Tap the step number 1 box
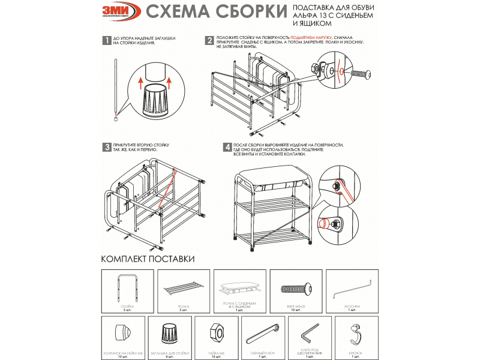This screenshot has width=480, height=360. [105, 41]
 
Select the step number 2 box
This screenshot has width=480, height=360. [209, 41]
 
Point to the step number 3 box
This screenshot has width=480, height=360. [105, 147]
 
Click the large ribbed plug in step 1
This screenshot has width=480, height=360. [155, 100]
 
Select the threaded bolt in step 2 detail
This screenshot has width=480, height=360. [358, 74]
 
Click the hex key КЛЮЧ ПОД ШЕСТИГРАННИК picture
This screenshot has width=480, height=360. [310, 332]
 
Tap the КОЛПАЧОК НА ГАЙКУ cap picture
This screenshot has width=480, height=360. [124, 332]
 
